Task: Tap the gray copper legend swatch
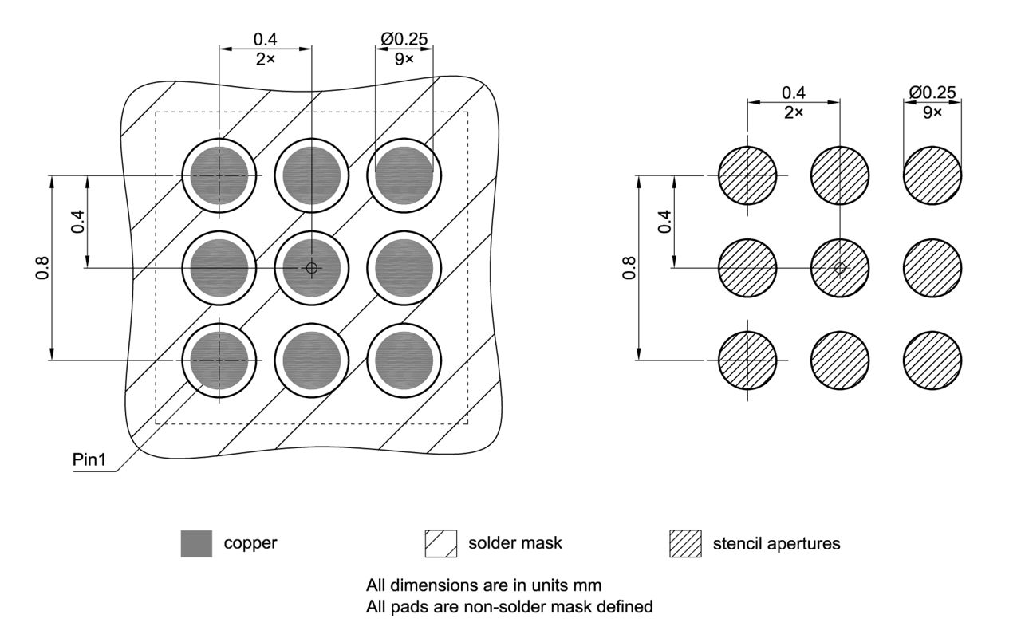pos(196,544)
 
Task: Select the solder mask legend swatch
pos(441,544)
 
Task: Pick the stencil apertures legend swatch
pos(685,544)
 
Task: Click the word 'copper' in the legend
pos(250,543)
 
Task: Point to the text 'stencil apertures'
pos(776,544)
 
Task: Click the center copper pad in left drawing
pos(312,268)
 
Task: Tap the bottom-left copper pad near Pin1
pos(219,360)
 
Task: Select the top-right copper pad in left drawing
pos(404,175)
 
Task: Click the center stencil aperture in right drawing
pos(840,268)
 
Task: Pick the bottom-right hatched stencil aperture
pos(932,360)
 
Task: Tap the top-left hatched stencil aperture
pos(747,175)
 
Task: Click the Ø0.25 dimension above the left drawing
pos(404,39)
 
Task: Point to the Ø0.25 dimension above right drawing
pos(932,93)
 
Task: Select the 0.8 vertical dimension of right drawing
pos(629,268)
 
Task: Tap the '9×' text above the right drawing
pos(932,112)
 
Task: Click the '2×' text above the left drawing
pos(266,59)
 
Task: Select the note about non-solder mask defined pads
pos(509,607)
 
